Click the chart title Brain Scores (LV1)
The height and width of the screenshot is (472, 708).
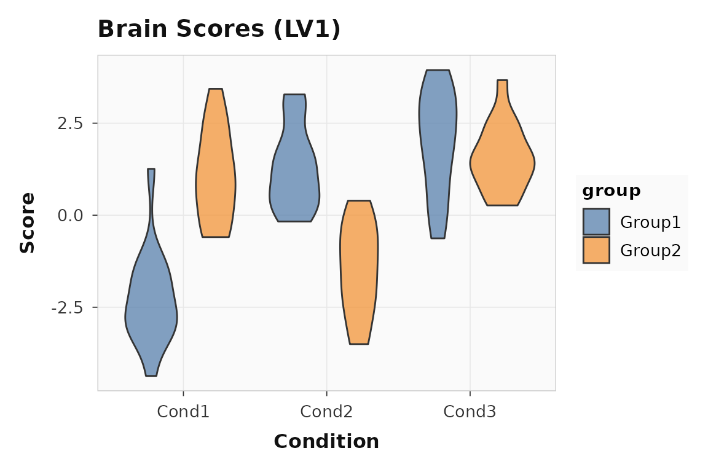pos(219,29)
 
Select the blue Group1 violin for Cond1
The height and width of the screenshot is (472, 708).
pos(151,307)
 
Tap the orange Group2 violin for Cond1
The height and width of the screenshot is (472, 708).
pos(216,178)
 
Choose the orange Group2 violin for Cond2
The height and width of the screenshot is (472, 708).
pos(360,277)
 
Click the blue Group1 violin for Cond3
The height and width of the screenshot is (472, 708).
pos(438,141)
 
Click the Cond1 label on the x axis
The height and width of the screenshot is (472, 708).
pos(183,412)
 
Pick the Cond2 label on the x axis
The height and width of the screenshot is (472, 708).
pos(326,412)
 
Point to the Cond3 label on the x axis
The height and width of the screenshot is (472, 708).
pos(470,412)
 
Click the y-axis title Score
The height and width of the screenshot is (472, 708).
pos(27,222)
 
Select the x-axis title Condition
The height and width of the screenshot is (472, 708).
pos(326,441)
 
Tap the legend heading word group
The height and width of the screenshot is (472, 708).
pos(612,191)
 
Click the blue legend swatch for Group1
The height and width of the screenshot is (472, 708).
pos(596,222)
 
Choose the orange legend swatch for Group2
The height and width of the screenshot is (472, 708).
pos(596,250)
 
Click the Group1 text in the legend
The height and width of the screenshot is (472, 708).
pos(650,222)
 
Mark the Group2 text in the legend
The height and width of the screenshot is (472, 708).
pos(650,250)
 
